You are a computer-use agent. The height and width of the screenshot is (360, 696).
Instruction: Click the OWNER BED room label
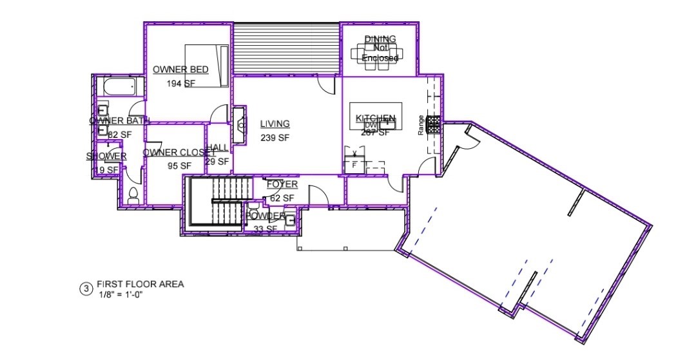point(180,70)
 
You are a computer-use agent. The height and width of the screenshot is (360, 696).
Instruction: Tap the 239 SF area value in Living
point(275,138)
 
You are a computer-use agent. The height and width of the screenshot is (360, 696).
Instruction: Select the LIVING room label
point(275,124)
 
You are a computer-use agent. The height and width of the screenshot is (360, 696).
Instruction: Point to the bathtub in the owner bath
point(117,86)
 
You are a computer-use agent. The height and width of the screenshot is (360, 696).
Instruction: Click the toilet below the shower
point(133,196)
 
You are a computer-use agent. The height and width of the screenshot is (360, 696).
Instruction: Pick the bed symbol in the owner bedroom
point(208,65)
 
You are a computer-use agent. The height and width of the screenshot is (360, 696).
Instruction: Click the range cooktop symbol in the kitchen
point(434,124)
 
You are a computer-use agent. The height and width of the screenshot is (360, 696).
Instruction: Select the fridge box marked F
point(354,165)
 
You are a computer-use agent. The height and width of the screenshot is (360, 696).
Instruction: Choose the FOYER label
point(282,185)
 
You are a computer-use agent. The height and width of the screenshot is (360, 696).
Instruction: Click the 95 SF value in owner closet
point(179,166)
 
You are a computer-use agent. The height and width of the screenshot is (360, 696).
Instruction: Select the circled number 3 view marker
point(85,289)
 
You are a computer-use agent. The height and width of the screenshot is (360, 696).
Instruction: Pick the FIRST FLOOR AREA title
point(140,284)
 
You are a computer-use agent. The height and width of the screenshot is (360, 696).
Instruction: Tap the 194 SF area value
point(180,84)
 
